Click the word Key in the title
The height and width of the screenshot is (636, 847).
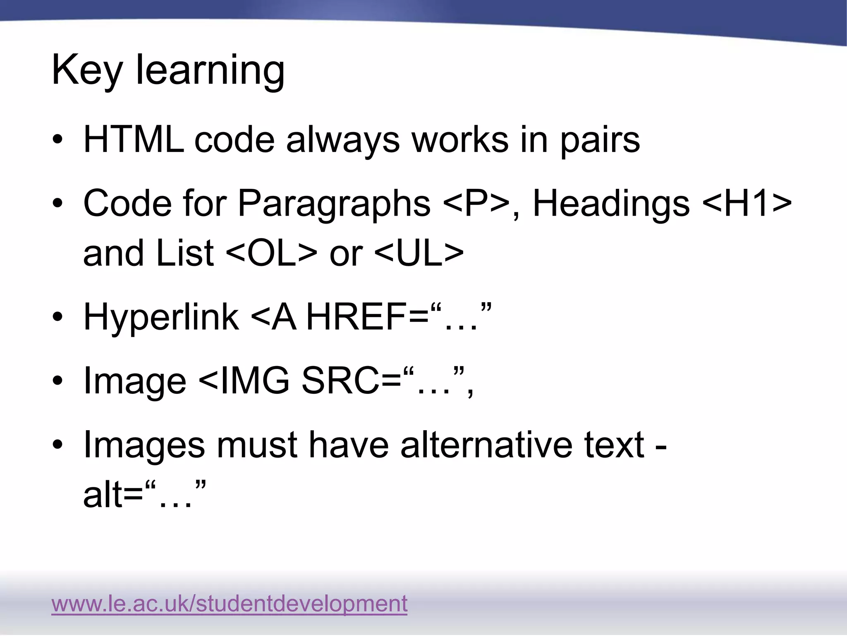(87, 70)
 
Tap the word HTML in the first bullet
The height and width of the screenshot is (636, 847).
(134, 140)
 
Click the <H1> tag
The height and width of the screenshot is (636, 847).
(747, 204)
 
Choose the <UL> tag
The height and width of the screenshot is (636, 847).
(419, 253)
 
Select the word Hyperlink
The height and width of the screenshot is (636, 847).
(161, 318)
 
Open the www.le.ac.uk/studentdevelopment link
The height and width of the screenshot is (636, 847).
(230, 604)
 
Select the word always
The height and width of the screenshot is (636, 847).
(343, 141)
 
